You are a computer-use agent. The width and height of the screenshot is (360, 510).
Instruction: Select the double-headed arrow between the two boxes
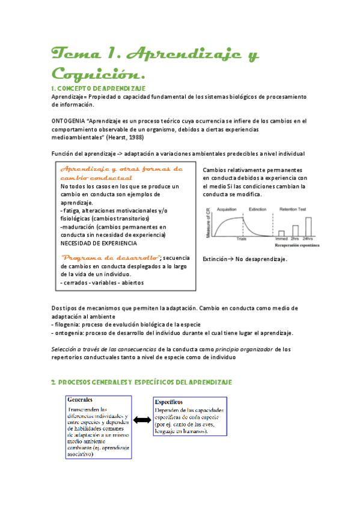point(142,419)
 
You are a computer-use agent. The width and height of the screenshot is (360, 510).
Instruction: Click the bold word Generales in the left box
point(80,400)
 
